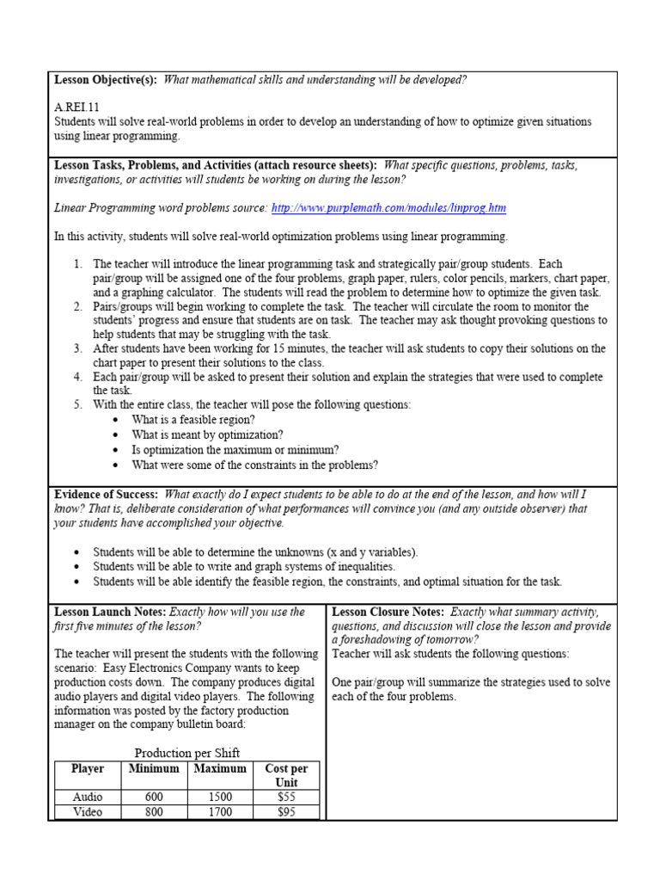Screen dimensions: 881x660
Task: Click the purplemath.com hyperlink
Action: click(x=388, y=208)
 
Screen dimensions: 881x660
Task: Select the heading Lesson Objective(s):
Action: click(x=106, y=80)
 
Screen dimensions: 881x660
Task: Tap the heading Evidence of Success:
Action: click(x=106, y=495)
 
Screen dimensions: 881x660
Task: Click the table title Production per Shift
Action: click(x=186, y=753)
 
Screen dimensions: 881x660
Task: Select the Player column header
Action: click(x=88, y=768)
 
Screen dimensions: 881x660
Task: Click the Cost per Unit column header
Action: click(x=285, y=775)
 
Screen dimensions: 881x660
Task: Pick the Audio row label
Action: click(x=88, y=798)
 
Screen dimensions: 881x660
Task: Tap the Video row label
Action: click(x=88, y=811)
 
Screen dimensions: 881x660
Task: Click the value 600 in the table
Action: click(x=154, y=798)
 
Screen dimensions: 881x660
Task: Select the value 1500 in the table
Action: click(x=220, y=798)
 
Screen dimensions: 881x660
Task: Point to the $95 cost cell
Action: click(x=286, y=811)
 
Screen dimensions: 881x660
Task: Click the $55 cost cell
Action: click(x=286, y=798)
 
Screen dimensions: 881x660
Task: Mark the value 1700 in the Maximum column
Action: click(x=220, y=811)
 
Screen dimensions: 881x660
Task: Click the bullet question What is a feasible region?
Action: click(x=193, y=420)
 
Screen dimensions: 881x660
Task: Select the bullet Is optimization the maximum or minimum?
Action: click(x=235, y=450)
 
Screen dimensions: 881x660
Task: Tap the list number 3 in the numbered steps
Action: click(x=77, y=348)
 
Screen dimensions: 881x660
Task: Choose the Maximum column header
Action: click(x=220, y=768)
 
